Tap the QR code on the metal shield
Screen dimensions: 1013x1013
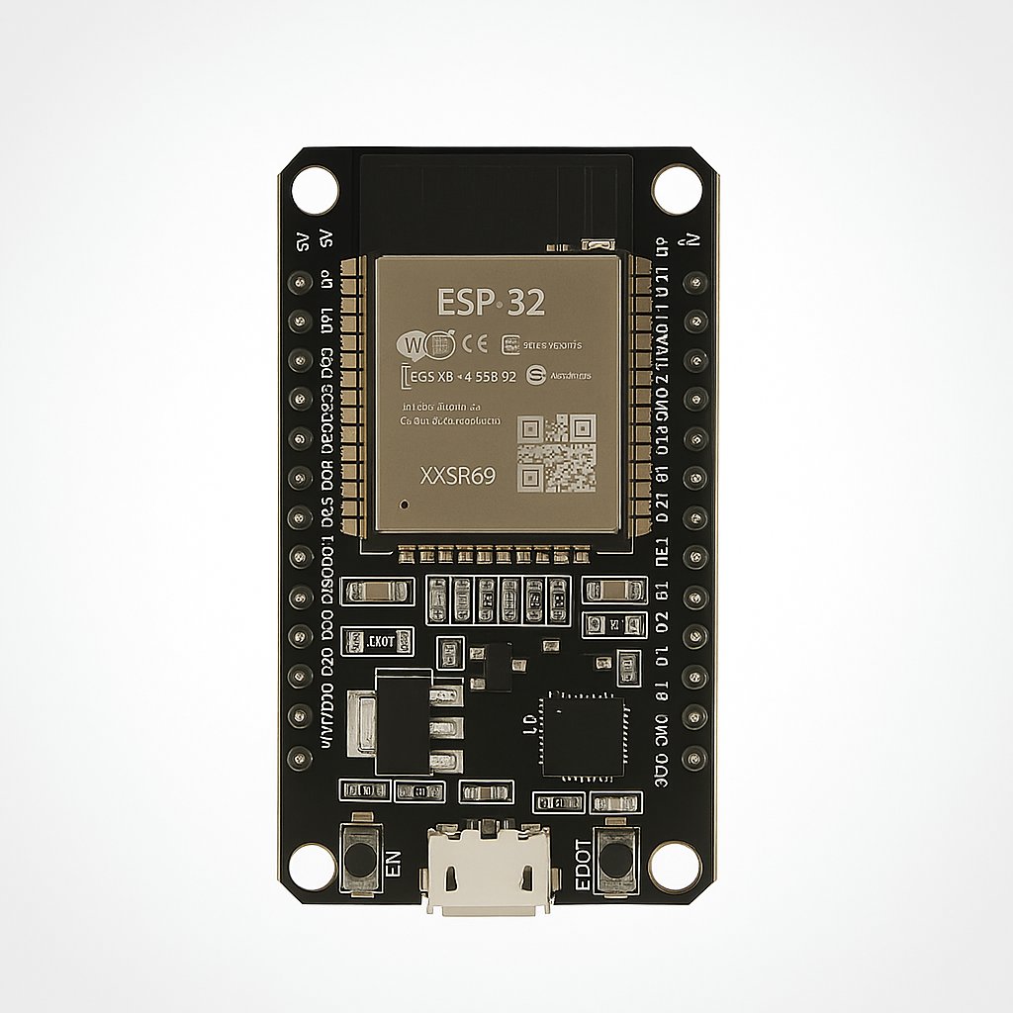pyautogui.click(x=557, y=453)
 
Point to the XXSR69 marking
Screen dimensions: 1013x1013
pyautogui.click(x=457, y=476)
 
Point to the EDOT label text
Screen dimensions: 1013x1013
pyautogui.click(x=583, y=864)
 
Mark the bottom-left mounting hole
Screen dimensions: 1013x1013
pyautogui.click(x=312, y=867)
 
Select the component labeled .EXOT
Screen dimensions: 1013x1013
pyautogui.click(x=367, y=642)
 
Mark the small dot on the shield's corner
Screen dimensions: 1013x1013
pyautogui.click(x=404, y=506)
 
